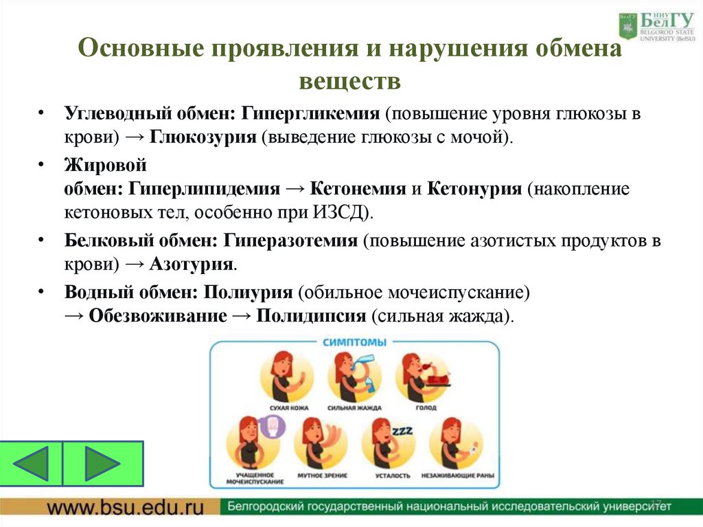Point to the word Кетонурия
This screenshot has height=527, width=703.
coord(475,188)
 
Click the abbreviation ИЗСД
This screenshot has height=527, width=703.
coord(341,211)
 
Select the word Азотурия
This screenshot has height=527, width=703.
coord(192,263)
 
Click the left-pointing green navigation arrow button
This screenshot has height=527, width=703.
coord(32,464)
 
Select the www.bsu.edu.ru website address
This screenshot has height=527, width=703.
coord(126,508)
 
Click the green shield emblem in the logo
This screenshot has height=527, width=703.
coord(628,26)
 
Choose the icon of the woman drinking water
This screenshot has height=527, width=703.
coord(354,374)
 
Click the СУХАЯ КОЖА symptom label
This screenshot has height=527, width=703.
coord(287,408)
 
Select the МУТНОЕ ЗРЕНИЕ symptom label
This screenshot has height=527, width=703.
coord(322,475)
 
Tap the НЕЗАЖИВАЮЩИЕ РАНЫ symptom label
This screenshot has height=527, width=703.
coord(459,475)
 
